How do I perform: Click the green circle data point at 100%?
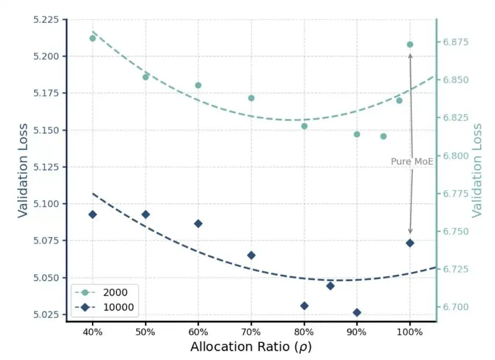pyautogui.click(x=410, y=45)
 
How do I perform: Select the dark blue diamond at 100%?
pyautogui.click(x=410, y=243)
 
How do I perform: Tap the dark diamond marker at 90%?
pyautogui.click(x=357, y=312)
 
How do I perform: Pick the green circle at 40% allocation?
pyautogui.click(x=92, y=38)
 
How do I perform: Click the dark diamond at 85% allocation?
pyautogui.click(x=330, y=286)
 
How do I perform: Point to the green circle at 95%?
pyautogui.click(x=383, y=136)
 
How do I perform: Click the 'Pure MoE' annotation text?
pyautogui.click(x=412, y=161)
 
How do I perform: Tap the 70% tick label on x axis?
pyautogui.click(x=251, y=332)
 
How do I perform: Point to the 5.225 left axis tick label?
pyautogui.click(x=46, y=20)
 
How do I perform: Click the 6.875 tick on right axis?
pyautogui.click(x=456, y=42)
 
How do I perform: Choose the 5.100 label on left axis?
pyautogui.click(x=46, y=203)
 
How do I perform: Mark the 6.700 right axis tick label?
pyautogui.click(x=456, y=307)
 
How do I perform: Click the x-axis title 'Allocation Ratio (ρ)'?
pyautogui.click(x=251, y=347)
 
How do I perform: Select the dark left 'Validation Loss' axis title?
pyautogui.click(x=22, y=170)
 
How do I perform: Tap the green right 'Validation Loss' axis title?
pyautogui.click(x=477, y=170)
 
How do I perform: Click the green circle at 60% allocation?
pyautogui.click(x=198, y=85)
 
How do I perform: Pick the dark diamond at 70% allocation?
pyautogui.click(x=251, y=255)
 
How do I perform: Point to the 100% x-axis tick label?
pyautogui.click(x=410, y=332)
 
